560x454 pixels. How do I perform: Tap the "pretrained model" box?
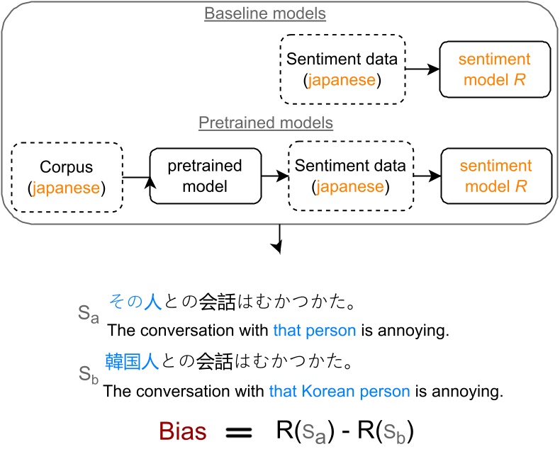[x=205, y=176]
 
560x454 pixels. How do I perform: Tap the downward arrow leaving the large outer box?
[x=281, y=237]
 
